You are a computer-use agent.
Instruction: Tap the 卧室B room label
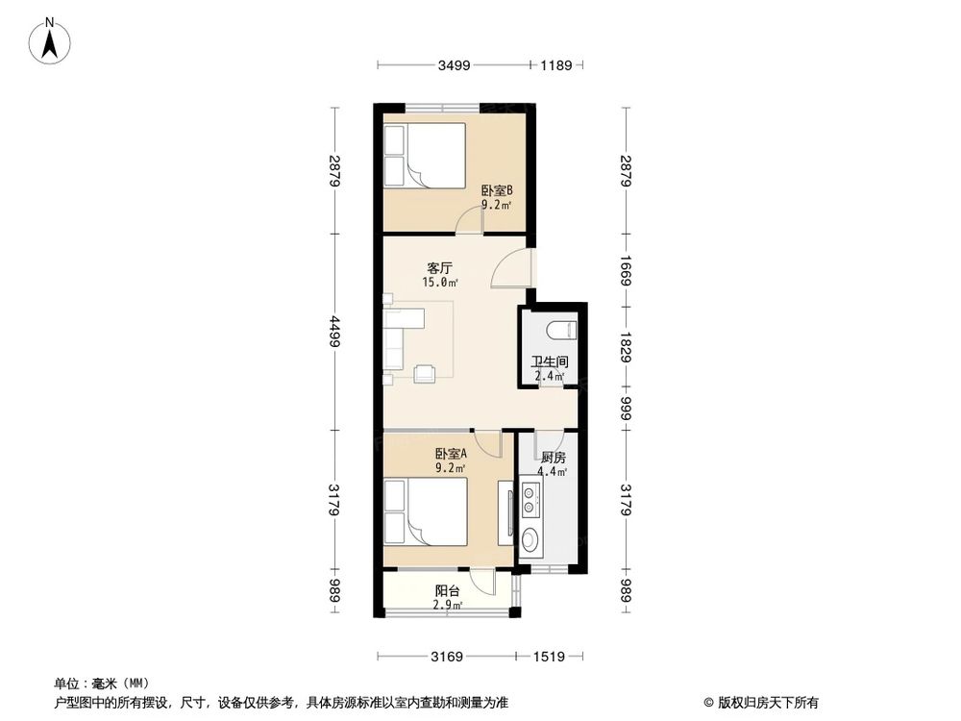pyautogui.click(x=497, y=191)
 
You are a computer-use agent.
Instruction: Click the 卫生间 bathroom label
pyautogui.click(x=551, y=362)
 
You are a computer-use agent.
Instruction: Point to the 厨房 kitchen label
pyautogui.click(x=552, y=458)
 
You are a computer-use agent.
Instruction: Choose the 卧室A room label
pyautogui.click(x=450, y=454)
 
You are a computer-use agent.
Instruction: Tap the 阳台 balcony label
pyautogui.click(x=447, y=591)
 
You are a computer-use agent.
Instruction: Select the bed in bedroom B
pyautogui.click(x=424, y=155)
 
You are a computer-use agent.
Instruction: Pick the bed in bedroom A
pyautogui.click(x=425, y=512)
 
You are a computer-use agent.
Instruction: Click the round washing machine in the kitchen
pyautogui.click(x=530, y=537)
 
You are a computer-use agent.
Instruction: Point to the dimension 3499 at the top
pyautogui.click(x=454, y=66)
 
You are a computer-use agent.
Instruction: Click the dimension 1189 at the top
pyautogui.click(x=555, y=66)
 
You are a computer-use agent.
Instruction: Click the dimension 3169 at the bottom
pyautogui.click(x=447, y=657)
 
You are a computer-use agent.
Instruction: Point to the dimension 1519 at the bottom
pyautogui.click(x=550, y=657)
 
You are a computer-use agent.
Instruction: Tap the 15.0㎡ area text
pyautogui.click(x=440, y=283)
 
